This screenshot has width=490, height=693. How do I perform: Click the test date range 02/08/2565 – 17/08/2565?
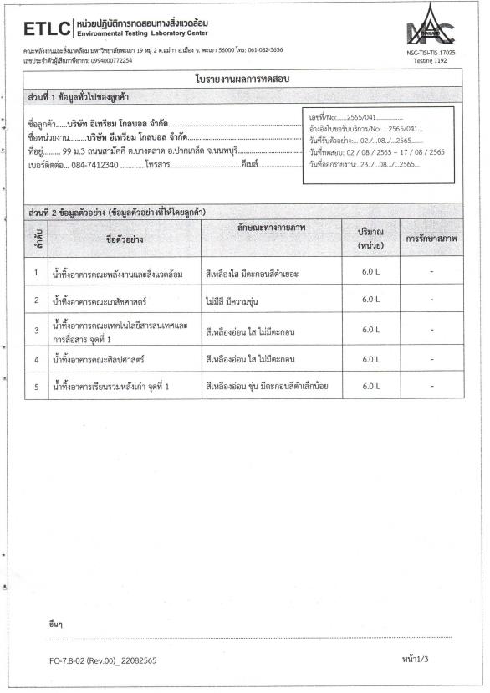pyautogui.click(x=393, y=151)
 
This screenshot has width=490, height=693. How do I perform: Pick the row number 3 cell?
pyautogui.click(x=37, y=330)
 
